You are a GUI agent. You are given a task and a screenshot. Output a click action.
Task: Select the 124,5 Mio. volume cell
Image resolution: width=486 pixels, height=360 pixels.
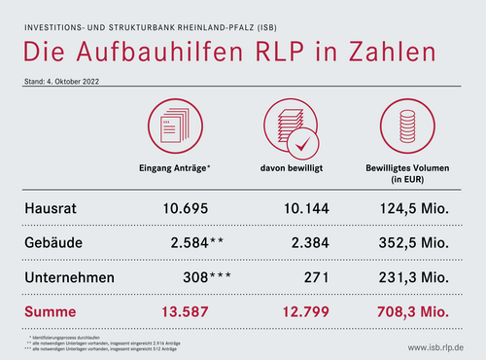413,207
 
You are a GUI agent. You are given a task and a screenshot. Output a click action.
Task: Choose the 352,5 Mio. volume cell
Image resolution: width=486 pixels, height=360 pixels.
413,242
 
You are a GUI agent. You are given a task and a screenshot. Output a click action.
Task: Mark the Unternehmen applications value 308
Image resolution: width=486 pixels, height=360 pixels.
194,277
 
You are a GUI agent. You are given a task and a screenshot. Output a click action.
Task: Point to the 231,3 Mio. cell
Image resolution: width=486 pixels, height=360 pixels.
413,277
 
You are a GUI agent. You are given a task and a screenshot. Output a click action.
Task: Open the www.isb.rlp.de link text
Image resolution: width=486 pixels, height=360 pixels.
435,347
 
